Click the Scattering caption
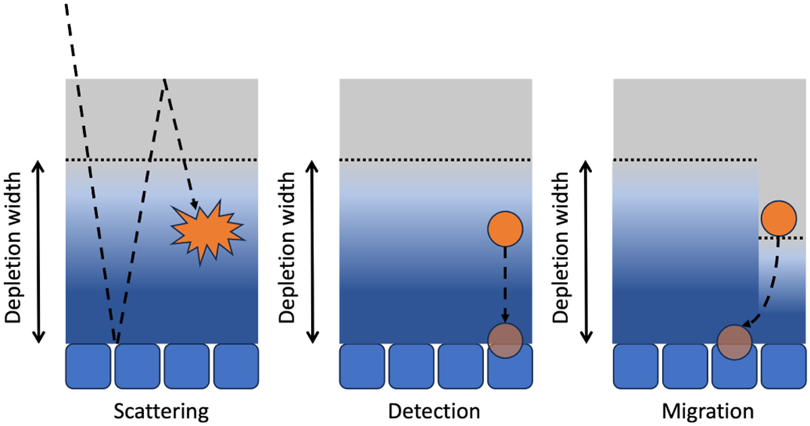coord(161,410)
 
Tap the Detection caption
coord(435,410)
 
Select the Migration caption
coord(709,410)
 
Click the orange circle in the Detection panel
coord(505,229)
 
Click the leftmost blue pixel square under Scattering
coord(88,366)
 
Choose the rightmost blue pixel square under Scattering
coord(236,366)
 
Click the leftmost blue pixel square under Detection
coord(362,366)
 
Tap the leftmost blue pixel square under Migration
coord(635,366)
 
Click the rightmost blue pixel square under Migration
coord(783,366)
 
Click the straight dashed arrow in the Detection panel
coord(505,283)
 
